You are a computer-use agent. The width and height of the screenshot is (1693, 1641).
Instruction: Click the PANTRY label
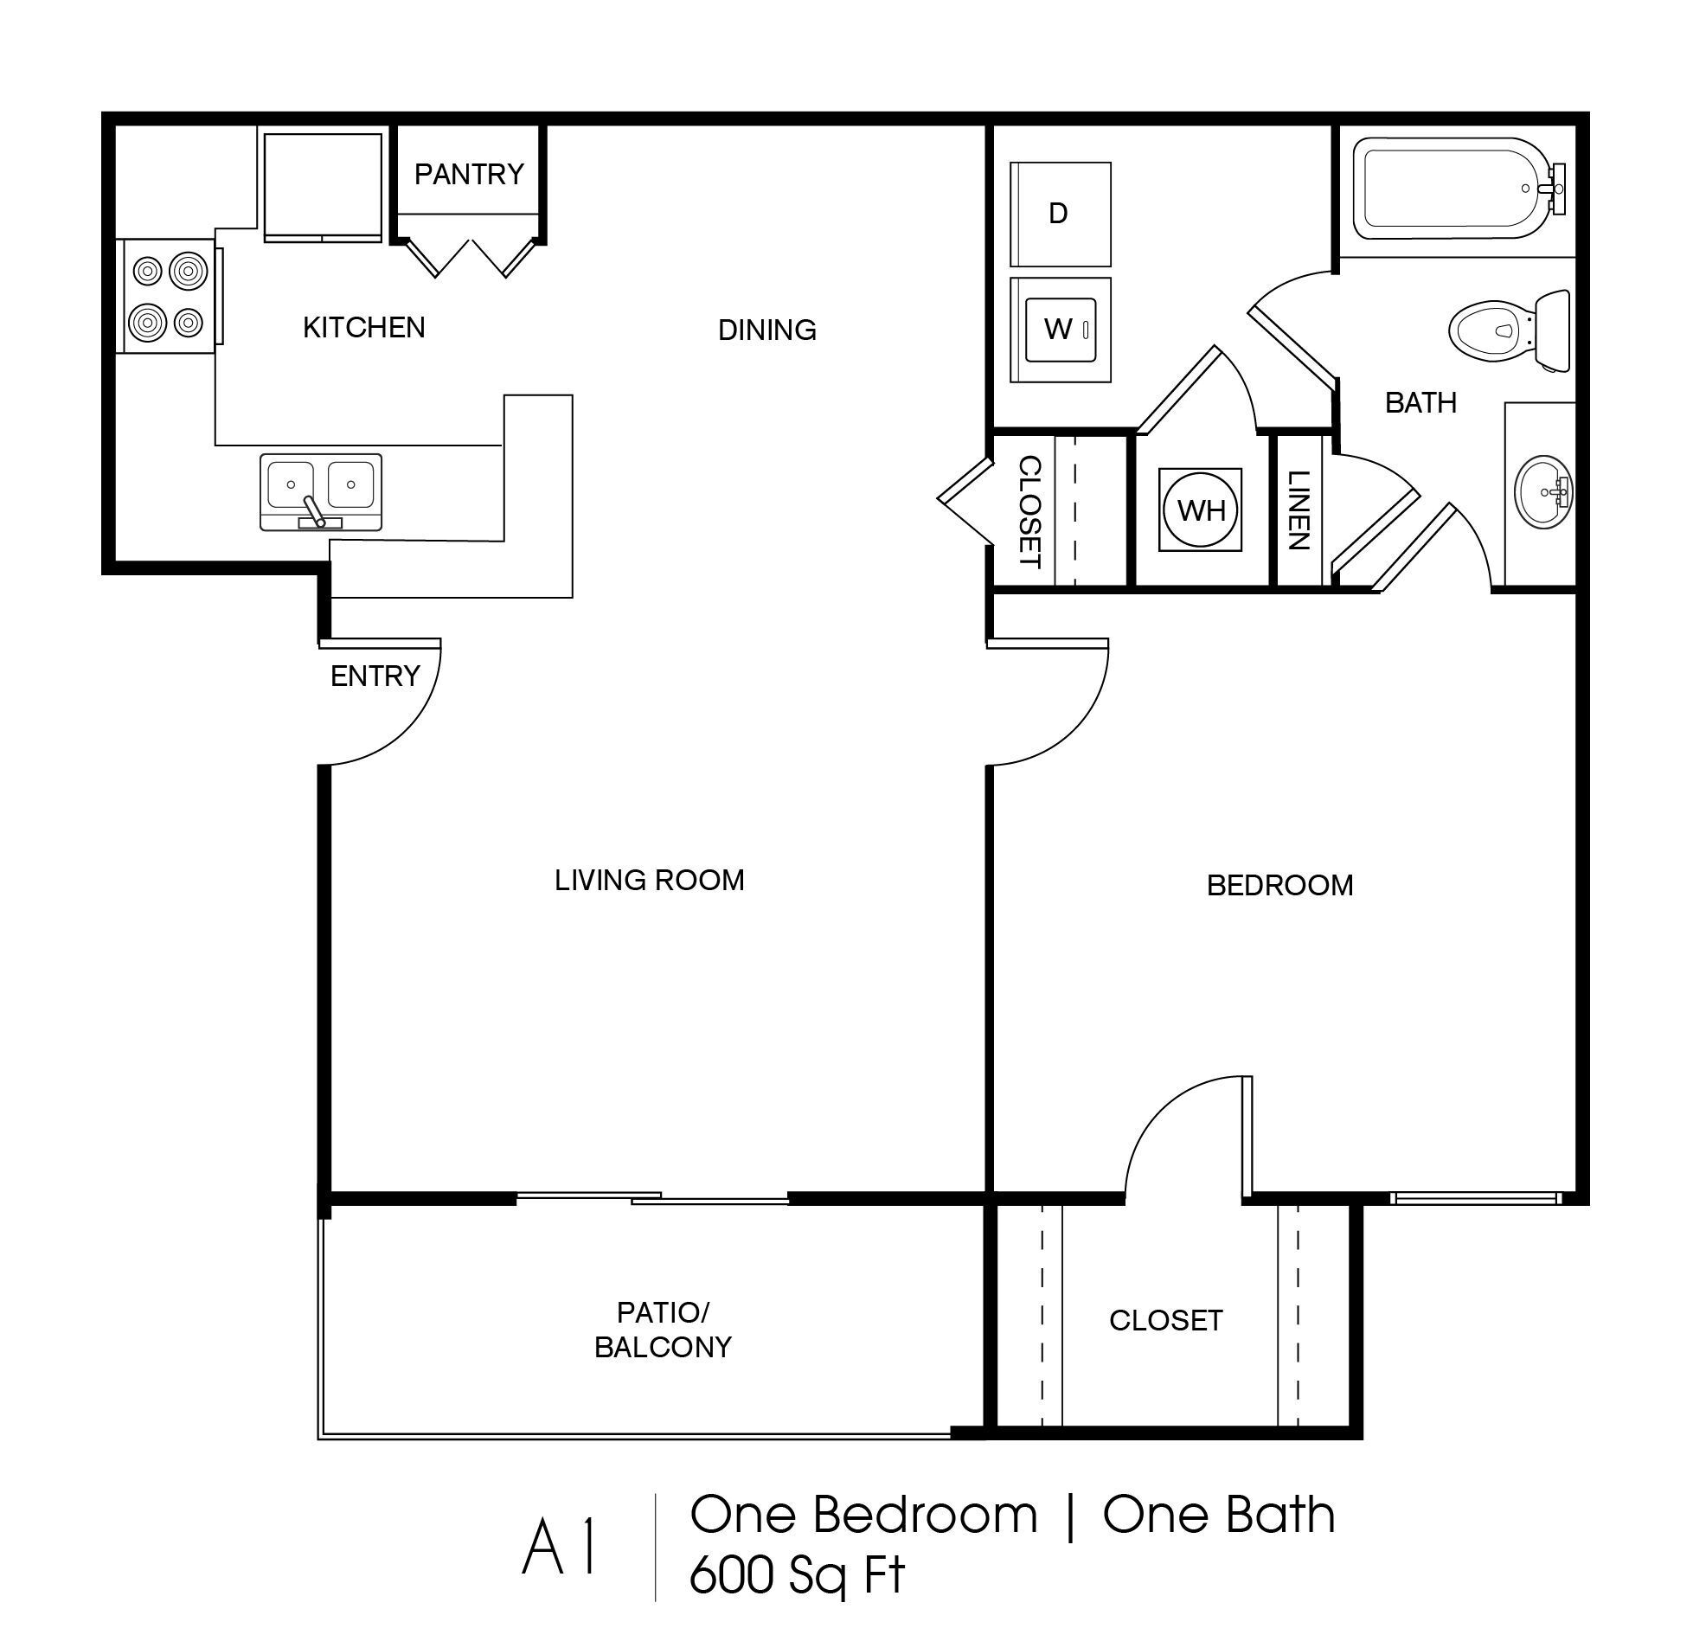click(x=469, y=175)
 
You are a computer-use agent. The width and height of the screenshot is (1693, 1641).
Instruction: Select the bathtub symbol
click(x=1453, y=189)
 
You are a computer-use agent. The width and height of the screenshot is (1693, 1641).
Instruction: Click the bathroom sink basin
click(x=1543, y=491)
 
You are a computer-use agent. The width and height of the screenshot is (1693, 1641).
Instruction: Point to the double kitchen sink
click(x=321, y=490)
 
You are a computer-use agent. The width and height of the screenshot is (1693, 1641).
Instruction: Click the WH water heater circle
click(x=1201, y=510)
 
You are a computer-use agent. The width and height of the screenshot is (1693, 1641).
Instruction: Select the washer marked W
click(x=1060, y=330)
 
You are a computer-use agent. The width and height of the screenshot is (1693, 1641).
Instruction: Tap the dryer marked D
click(x=1060, y=214)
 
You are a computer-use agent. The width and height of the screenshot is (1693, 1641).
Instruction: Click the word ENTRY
click(x=375, y=676)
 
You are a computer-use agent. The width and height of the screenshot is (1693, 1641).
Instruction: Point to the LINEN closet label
click(x=1298, y=510)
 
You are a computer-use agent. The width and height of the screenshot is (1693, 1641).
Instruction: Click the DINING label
click(x=766, y=330)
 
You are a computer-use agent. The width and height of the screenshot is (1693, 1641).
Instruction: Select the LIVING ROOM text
click(x=649, y=881)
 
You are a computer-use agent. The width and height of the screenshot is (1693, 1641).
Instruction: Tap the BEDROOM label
click(x=1279, y=885)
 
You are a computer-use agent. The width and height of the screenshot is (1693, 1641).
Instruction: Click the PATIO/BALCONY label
click(x=663, y=1330)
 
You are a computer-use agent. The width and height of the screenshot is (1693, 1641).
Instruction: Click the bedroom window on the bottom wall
click(x=1474, y=1198)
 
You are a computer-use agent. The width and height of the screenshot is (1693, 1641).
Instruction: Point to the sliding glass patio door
click(x=653, y=1198)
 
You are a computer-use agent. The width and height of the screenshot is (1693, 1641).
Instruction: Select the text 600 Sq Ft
click(x=796, y=1574)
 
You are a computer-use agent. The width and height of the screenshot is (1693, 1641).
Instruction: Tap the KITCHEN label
click(x=363, y=328)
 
